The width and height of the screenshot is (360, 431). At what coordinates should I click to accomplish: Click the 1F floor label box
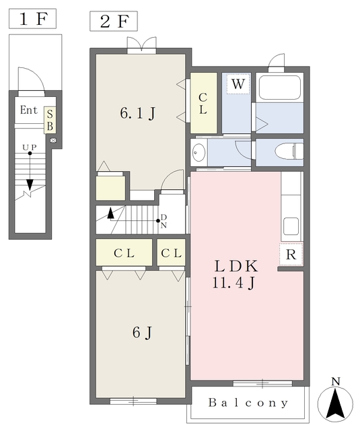click(x=32, y=18)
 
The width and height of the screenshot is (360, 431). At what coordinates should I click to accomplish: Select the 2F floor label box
click(x=114, y=21)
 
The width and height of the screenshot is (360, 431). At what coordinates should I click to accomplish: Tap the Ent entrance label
click(x=28, y=110)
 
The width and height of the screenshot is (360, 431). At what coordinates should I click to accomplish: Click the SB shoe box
click(x=50, y=120)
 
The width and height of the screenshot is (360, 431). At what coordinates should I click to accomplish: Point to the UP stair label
click(x=30, y=147)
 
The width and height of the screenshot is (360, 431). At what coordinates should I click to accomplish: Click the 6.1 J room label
click(x=137, y=113)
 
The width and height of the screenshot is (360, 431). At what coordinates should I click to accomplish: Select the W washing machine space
click(x=238, y=84)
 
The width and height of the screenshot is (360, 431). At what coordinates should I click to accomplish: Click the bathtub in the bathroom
click(x=280, y=87)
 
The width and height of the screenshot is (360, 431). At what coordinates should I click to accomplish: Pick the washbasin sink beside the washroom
click(x=199, y=152)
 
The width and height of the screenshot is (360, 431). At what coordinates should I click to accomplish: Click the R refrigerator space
click(x=291, y=255)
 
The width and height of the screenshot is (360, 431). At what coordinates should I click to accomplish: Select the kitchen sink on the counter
click(x=291, y=226)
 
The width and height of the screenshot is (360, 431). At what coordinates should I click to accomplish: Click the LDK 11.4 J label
click(x=236, y=275)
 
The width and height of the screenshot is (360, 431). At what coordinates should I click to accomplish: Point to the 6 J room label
click(x=142, y=333)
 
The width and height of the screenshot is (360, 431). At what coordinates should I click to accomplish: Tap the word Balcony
click(x=248, y=403)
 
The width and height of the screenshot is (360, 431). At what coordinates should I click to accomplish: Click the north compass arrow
click(x=335, y=403)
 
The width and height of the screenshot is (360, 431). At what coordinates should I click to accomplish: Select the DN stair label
click(x=164, y=222)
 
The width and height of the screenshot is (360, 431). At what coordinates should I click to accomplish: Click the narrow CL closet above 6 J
click(x=171, y=253)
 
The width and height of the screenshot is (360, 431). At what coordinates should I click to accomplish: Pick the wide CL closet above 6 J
click(x=124, y=253)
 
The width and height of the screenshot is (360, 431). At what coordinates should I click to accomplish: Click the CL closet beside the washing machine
click(x=203, y=103)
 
